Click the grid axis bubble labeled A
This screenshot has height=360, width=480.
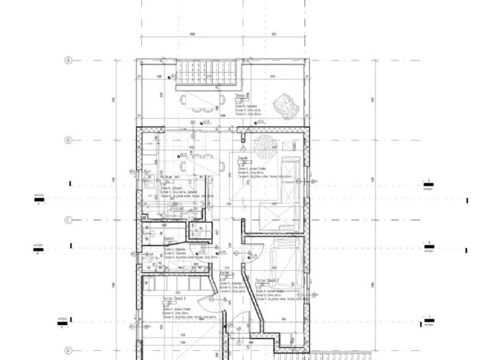pyautogui.click(x=68, y=61)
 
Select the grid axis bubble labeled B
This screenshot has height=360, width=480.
pyautogui.click(x=68, y=141)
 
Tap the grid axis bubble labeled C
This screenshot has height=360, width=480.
pyautogui.click(x=68, y=220)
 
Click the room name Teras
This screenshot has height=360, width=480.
pyautogui.click(x=240, y=96)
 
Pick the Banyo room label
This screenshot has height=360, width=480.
pyautogui.click(x=168, y=239)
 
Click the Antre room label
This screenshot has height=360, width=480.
pyautogui.click(x=225, y=273)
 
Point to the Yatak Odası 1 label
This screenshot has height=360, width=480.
pyautogui.click(x=174, y=299)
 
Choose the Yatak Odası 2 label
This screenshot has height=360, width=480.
pyautogui.click(x=267, y=279)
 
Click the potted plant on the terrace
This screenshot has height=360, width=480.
pyautogui.click(x=285, y=105)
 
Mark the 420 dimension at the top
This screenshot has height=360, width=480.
pyautogui.click(x=192, y=35)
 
